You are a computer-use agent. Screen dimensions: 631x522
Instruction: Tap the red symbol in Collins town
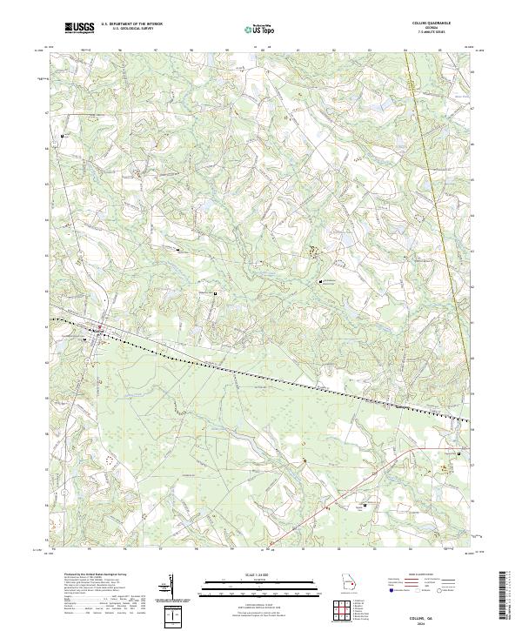click(99, 328)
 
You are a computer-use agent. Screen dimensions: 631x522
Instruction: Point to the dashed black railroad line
click(261, 373)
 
